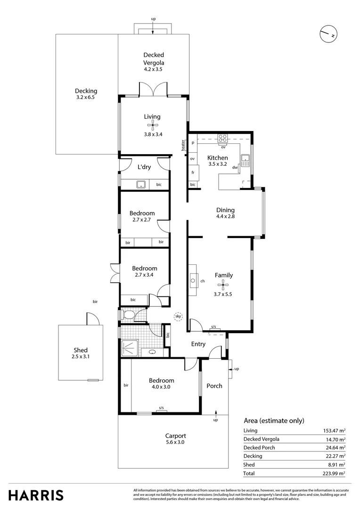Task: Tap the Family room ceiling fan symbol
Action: [223, 284]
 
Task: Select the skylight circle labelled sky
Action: [178, 317]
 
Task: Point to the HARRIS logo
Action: [36, 495]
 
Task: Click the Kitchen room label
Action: [217, 158]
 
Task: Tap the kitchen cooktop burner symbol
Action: [223, 139]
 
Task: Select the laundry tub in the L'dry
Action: [141, 184]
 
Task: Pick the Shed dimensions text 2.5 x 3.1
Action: [81, 357]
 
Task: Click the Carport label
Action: [175, 436]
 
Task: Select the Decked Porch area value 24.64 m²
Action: [336, 447]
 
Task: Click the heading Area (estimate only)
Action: [274, 421]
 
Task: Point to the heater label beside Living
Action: [182, 146]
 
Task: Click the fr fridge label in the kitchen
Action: [193, 172]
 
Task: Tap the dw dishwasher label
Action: [234, 167]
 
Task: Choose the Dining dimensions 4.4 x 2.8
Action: [225, 217]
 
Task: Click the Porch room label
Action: [214, 386]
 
